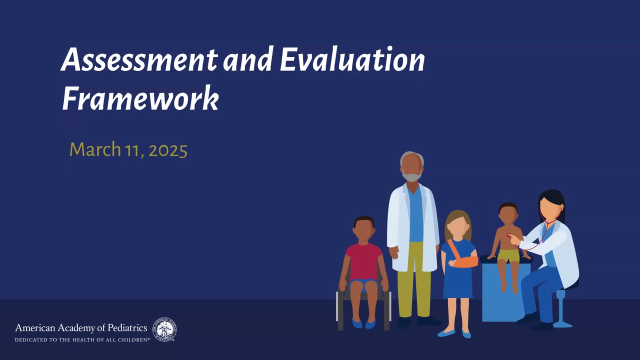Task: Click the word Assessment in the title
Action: [139, 59]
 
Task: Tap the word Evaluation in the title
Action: [352, 58]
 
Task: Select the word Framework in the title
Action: [140, 98]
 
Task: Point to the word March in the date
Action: [95, 149]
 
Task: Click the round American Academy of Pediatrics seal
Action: [164, 329]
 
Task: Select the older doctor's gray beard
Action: [411, 176]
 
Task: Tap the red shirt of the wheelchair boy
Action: [363, 262]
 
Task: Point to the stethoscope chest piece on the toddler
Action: [509, 235]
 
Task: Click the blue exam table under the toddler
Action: [505, 291]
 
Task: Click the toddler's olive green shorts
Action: [508, 256]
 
